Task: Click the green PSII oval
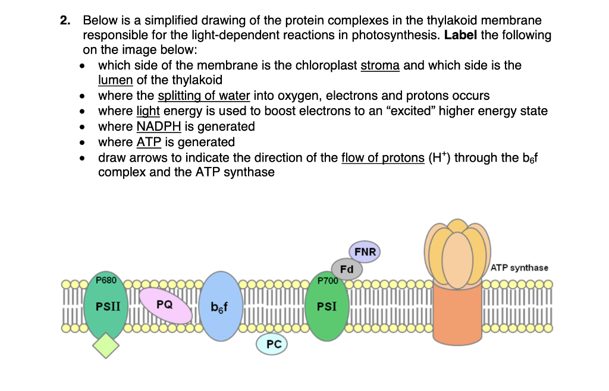click(108, 307)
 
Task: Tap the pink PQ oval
click(165, 305)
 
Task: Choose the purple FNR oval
click(365, 252)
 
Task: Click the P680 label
click(107, 279)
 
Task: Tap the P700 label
click(328, 280)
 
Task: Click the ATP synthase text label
click(520, 268)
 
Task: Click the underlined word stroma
click(381, 65)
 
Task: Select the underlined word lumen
click(115, 80)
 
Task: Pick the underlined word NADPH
click(158, 127)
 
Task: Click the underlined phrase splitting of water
click(203, 96)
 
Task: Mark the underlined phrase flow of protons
click(382, 158)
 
